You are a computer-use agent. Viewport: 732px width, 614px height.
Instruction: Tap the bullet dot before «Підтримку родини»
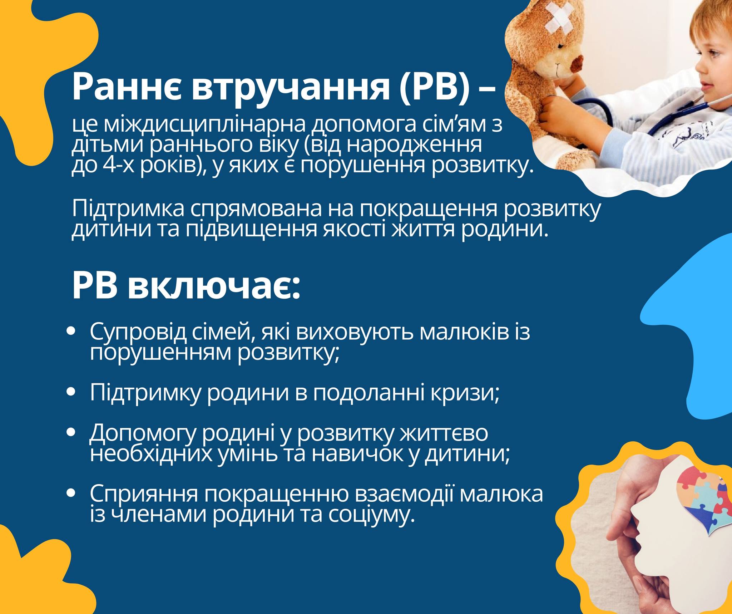pos(71,392)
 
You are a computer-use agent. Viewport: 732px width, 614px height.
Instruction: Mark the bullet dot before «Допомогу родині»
pos(71,432)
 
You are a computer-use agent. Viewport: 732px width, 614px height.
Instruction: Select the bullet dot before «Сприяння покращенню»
pos(71,493)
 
